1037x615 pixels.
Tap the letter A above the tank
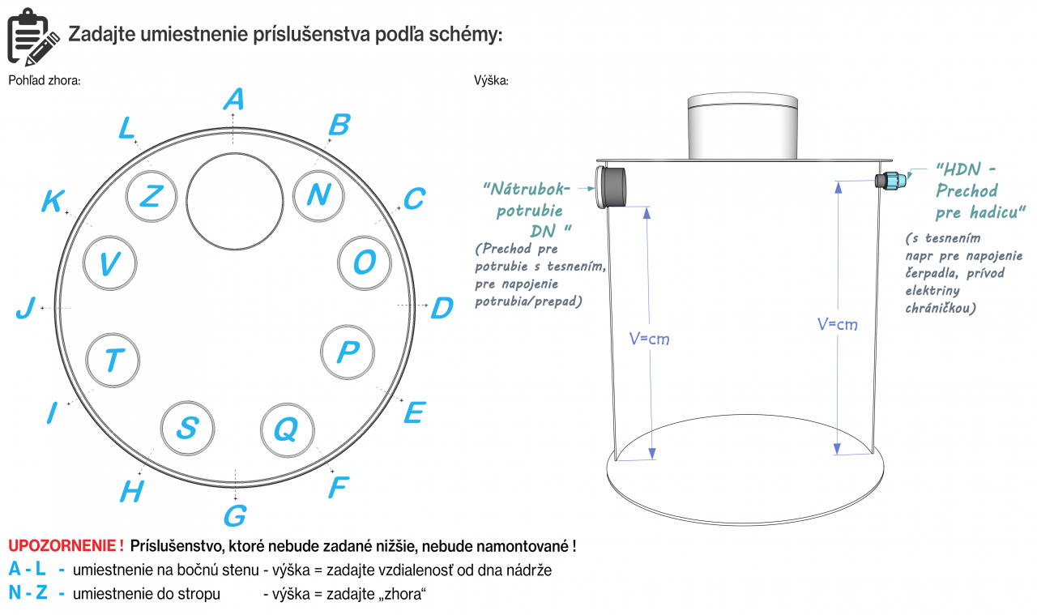pos(233,99)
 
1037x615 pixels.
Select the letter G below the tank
pos(235,515)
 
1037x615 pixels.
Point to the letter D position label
pos(442,309)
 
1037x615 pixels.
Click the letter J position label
pos(27,309)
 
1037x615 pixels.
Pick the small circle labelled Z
pos(152,195)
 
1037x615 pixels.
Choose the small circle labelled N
pos(318,195)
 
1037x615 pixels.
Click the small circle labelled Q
pos(286,429)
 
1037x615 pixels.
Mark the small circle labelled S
pos(187,428)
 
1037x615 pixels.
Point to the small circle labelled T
pos(113,360)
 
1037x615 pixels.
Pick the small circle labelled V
pos(110,263)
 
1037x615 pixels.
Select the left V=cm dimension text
pos(650,339)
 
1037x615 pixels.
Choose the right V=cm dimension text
pos(837,324)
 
